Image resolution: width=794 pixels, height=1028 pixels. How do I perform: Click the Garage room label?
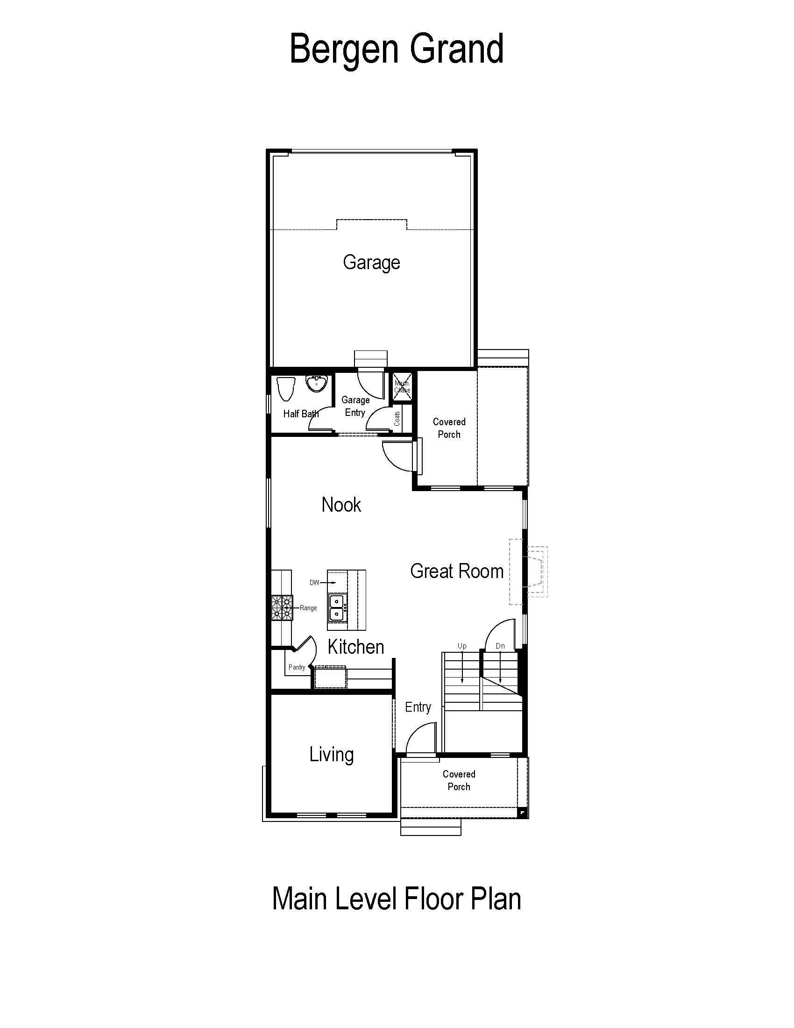(x=371, y=263)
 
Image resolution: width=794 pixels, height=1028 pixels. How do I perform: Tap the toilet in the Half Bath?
(x=285, y=389)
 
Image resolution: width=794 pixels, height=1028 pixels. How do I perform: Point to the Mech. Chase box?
(x=402, y=386)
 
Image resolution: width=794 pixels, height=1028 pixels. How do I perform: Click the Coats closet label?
(x=397, y=419)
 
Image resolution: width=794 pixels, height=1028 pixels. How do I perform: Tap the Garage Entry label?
(x=355, y=406)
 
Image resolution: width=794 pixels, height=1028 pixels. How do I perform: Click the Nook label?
(x=341, y=505)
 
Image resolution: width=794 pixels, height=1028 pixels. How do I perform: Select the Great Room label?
(x=457, y=571)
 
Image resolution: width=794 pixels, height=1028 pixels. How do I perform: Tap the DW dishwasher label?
(x=314, y=583)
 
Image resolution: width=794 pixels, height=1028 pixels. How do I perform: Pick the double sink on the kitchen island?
(x=337, y=607)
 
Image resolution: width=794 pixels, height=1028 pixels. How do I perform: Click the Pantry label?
(x=297, y=667)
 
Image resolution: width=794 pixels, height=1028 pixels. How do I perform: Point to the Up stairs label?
(x=462, y=646)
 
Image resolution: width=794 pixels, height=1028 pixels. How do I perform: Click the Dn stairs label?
(x=500, y=646)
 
